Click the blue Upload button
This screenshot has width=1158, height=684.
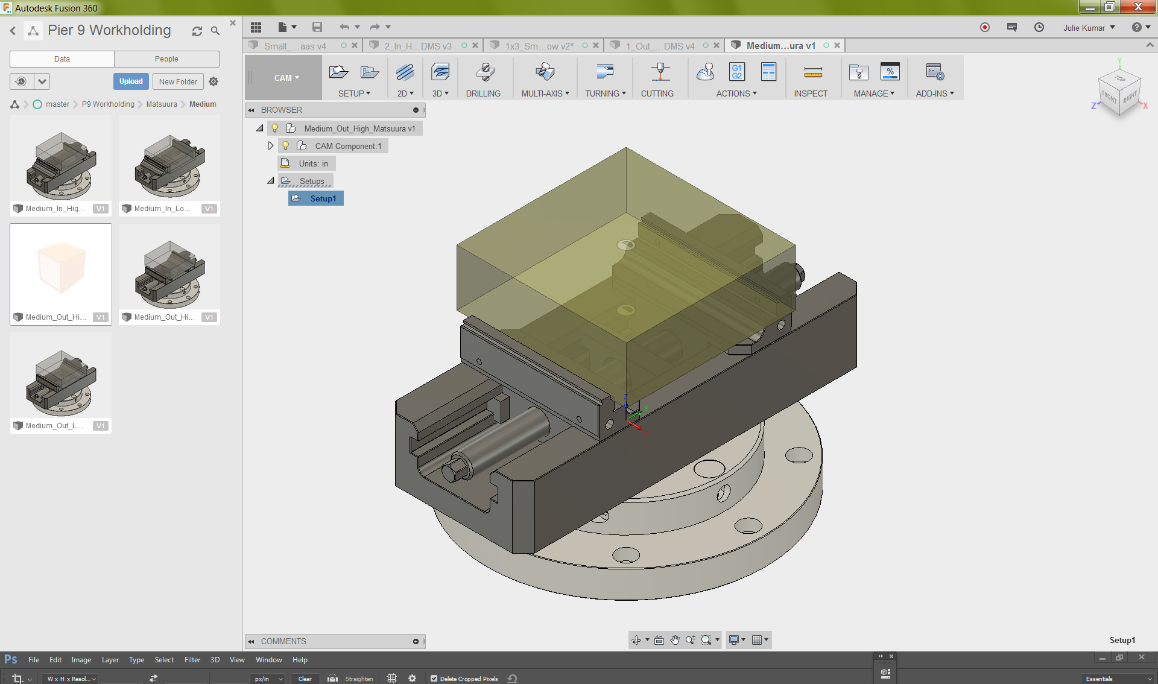[131, 81]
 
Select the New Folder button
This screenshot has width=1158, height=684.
[178, 81]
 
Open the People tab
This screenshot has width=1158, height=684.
[166, 59]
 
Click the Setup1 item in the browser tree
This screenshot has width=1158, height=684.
[323, 198]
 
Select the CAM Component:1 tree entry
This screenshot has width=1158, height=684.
[348, 146]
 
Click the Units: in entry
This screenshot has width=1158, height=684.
[313, 163]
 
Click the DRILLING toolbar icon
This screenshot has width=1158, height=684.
[484, 73]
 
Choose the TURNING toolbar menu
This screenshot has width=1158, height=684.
[605, 93]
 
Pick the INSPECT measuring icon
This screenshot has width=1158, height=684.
[812, 73]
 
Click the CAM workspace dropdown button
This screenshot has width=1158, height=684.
[286, 77]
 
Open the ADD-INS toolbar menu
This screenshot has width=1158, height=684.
[934, 93]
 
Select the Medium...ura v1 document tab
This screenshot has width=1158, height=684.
[780, 45]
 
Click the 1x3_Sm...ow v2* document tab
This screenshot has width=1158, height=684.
[539, 46]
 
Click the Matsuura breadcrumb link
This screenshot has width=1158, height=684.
[162, 104]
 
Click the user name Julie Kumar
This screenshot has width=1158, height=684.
[1084, 28]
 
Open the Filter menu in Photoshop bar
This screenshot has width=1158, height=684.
[192, 660]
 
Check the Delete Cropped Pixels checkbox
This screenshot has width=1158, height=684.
[434, 679]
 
